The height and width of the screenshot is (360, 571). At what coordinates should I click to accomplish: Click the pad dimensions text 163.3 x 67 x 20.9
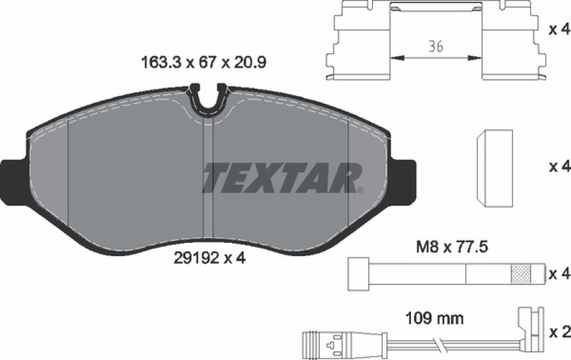pyautogui.click(x=203, y=62)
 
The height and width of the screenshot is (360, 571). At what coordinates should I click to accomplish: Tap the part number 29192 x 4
pyautogui.click(x=210, y=258)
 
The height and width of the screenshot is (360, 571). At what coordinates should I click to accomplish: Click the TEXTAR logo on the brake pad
pyautogui.click(x=283, y=178)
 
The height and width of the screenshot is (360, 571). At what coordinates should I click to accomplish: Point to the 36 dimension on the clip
pyautogui.click(x=435, y=46)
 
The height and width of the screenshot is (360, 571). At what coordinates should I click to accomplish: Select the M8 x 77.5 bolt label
pyautogui.click(x=452, y=247)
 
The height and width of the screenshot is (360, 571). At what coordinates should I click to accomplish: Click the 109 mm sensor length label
pyautogui.click(x=435, y=319)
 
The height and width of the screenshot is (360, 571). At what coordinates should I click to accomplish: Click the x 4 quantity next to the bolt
pyautogui.click(x=560, y=273)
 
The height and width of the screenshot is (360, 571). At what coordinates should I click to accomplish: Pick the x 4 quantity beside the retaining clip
pyautogui.click(x=560, y=30)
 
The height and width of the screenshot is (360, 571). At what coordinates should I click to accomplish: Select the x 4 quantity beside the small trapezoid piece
pyautogui.click(x=560, y=167)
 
